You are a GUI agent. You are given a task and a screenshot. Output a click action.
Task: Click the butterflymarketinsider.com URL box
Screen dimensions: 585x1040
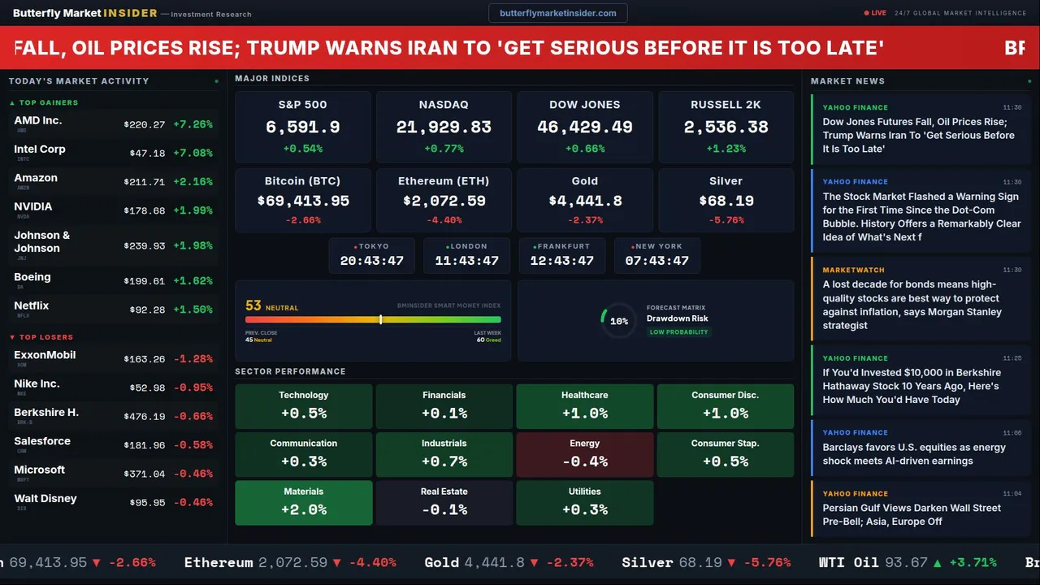557,13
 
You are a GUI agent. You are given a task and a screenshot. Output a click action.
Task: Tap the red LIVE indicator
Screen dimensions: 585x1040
876,13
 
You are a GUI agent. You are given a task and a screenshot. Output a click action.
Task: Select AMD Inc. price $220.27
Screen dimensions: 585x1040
144,125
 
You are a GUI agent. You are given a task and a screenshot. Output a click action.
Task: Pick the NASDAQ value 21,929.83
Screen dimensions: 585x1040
444,128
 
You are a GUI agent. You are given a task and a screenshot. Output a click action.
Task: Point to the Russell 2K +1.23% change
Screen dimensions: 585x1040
726,149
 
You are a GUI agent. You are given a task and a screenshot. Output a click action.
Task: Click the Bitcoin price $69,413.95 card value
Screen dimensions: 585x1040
303,201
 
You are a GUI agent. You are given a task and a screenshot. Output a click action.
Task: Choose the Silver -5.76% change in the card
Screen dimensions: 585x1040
726,220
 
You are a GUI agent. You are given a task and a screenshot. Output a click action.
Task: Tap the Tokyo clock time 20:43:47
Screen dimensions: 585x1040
371,261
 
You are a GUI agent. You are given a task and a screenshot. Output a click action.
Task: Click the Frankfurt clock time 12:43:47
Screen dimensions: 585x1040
561,261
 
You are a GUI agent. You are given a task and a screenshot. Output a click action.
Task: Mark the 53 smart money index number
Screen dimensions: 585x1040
253,306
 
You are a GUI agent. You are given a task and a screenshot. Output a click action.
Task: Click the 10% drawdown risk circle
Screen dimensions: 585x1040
618,321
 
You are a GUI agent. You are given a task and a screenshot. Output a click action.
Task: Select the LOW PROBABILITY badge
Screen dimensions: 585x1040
678,332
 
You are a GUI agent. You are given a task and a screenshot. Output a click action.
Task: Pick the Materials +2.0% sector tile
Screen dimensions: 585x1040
304,502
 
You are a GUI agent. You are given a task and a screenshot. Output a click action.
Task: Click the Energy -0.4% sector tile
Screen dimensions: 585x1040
584,454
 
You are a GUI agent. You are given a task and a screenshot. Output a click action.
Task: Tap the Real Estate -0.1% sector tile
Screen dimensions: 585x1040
444,502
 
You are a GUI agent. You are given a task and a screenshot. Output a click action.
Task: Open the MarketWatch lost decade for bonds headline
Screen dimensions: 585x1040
912,305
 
